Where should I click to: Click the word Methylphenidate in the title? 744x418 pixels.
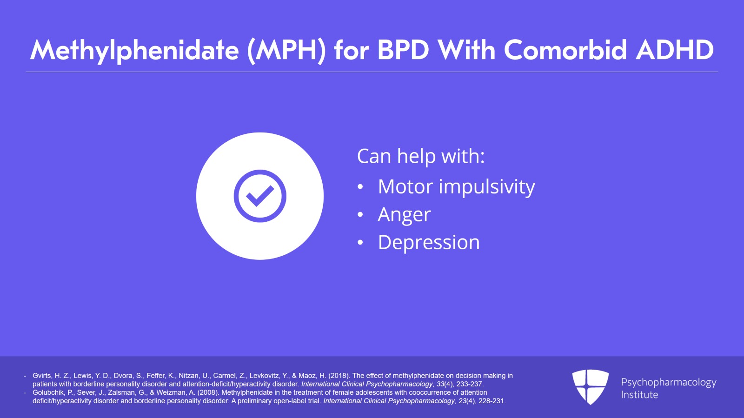(x=134, y=50)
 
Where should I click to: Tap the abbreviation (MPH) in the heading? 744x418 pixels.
(x=286, y=50)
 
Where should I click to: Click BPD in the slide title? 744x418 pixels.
(x=403, y=50)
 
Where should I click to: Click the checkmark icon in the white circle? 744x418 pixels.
(x=260, y=196)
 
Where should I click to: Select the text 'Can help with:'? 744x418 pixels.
(x=421, y=156)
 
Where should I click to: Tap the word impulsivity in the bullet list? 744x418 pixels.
(x=487, y=187)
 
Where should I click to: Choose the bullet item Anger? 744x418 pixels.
(x=404, y=215)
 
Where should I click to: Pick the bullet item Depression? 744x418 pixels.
(x=429, y=243)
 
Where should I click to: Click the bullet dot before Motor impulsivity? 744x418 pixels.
(x=360, y=187)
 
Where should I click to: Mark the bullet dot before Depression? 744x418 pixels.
(x=360, y=243)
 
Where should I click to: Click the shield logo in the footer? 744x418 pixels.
(x=590, y=386)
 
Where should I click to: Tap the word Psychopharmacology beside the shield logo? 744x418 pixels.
(x=669, y=382)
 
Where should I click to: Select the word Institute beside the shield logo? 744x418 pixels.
(x=639, y=395)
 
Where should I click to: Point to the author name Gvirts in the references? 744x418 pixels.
(x=42, y=376)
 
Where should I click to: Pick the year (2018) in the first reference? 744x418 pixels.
(x=339, y=376)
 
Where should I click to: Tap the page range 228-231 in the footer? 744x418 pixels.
(x=492, y=401)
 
